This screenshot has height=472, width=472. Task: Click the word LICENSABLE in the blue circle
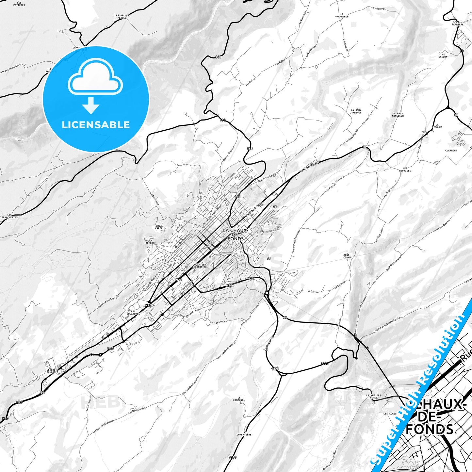(x=96, y=125)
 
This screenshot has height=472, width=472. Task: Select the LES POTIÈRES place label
(x=19, y=4)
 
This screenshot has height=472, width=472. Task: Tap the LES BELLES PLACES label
(x=122, y=16)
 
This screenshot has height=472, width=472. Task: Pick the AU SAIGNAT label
(x=443, y=56)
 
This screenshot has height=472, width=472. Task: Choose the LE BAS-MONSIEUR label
(x=398, y=115)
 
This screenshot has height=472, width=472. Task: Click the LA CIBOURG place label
(x=437, y=126)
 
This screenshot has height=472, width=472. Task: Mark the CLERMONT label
(x=451, y=151)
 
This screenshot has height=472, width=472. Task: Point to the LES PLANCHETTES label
(x=9, y=216)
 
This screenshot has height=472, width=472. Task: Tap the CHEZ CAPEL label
(x=159, y=227)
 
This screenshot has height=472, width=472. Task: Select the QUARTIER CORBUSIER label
(x=200, y=266)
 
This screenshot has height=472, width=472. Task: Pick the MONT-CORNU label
(x=347, y=256)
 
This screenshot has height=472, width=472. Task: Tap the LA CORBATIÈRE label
(x=244, y=433)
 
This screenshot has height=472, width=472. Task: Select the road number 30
(x=456, y=115)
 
